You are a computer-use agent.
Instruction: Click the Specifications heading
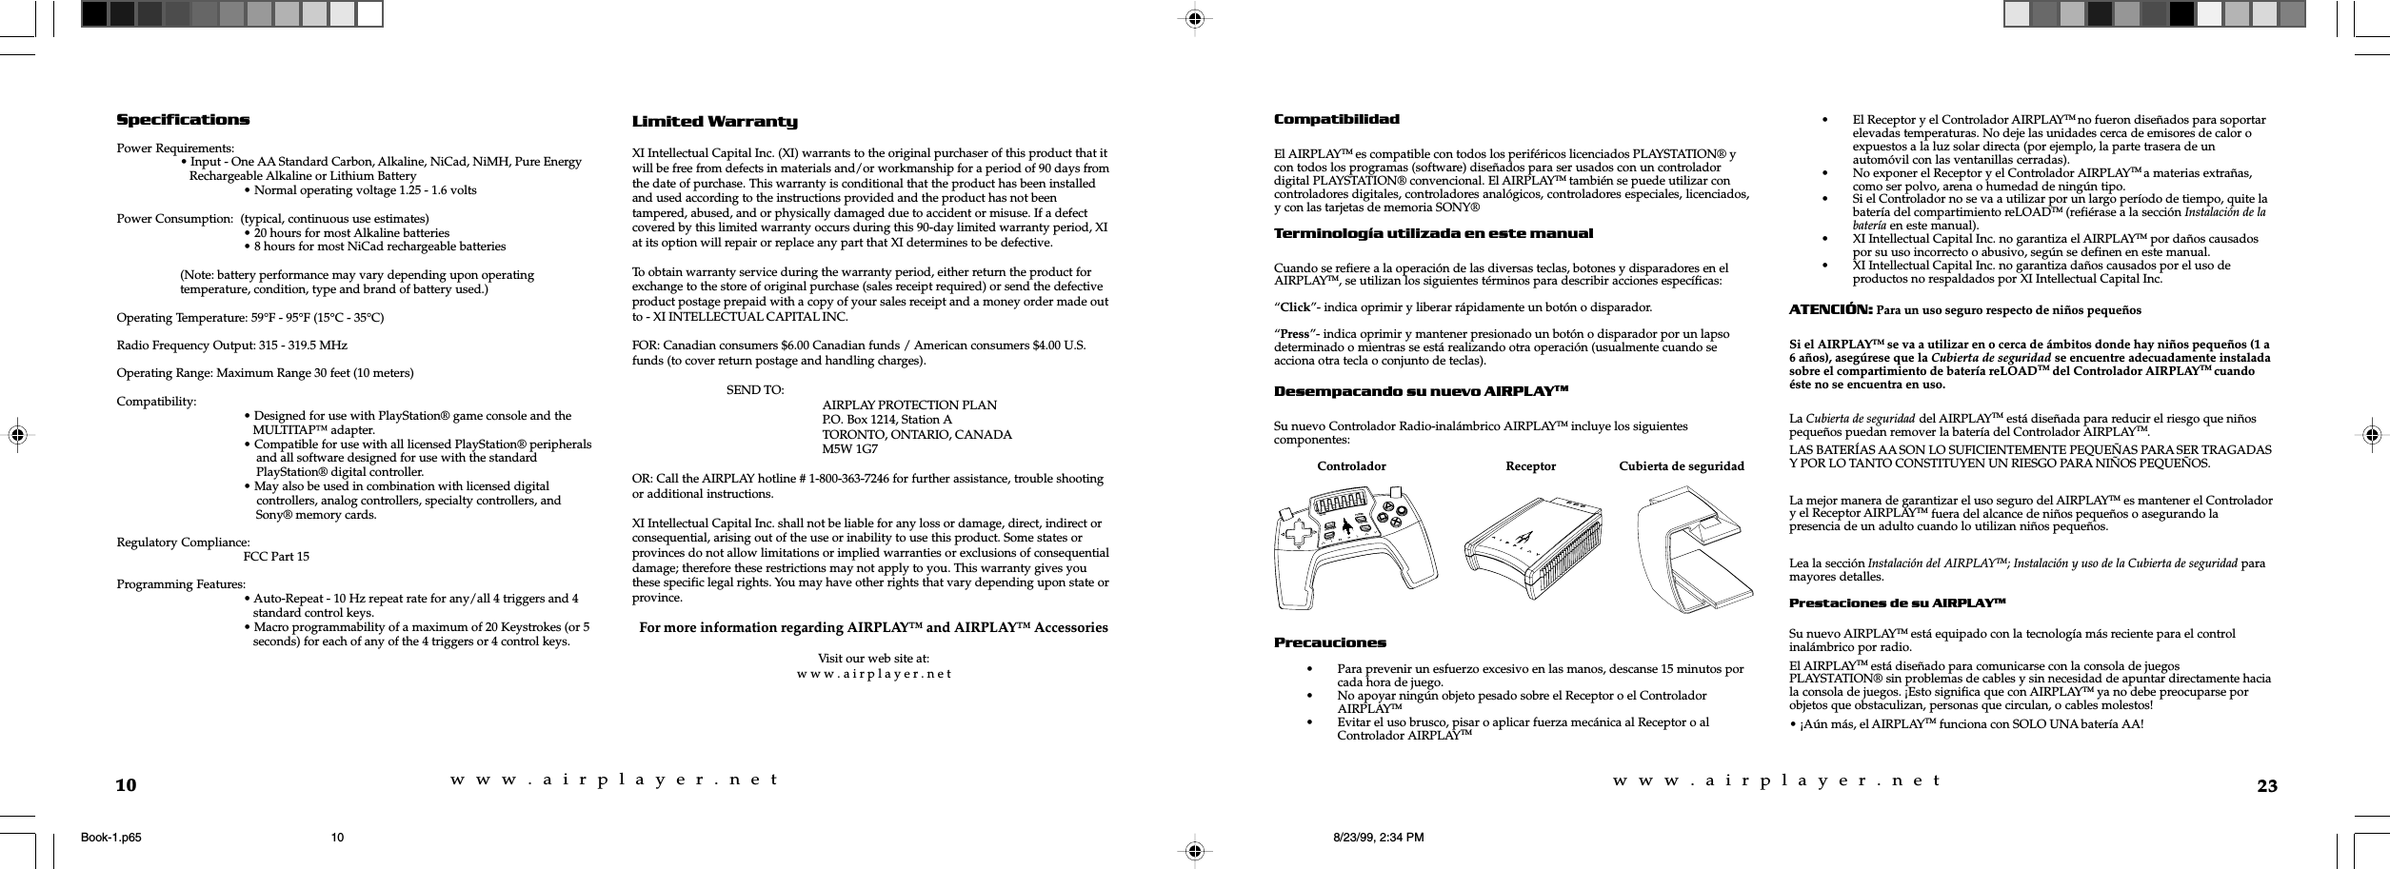[183, 120]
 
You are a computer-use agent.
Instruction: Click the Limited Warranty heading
[715, 122]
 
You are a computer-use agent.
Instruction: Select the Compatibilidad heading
[1337, 119]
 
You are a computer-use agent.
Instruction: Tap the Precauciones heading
[1330, 642]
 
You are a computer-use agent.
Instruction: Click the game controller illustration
[1357, 547]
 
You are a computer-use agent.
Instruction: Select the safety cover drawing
[1695, 552]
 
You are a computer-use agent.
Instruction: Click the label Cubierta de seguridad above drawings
[1682, 466]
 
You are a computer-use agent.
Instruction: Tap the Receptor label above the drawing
[1530, 466]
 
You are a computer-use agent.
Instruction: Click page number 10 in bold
[127, 786]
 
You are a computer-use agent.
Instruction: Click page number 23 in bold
[2267, 786]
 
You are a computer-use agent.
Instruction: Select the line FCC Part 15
[276, 557]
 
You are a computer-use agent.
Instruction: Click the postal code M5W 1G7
[850, 448]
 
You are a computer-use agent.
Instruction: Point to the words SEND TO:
[755, 390]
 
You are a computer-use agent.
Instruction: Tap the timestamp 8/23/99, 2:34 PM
[1378, 838]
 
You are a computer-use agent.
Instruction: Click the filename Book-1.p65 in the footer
[111, 838]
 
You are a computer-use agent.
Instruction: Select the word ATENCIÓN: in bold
[1831, 309]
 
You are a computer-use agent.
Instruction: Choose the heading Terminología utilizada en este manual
[1433, 233]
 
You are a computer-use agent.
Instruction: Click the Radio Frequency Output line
[231, 345]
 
